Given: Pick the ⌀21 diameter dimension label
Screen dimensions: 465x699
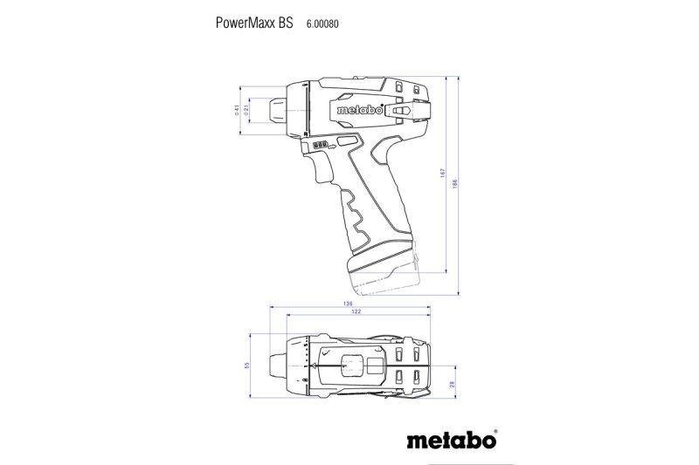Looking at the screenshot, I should click(x=248, y=109).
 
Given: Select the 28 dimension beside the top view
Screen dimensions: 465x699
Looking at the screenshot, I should click(x=451, y=384).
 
